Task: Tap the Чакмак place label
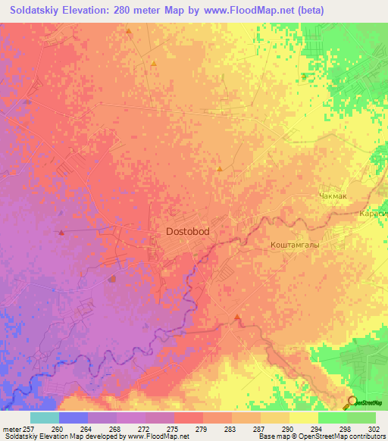click(333, 196)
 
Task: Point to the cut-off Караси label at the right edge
click(373, 214)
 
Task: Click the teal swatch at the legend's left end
click(45, 418)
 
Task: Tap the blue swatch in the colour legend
click(74, 418)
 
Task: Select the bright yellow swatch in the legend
click(304, 418)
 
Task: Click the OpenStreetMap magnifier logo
click(352, 403)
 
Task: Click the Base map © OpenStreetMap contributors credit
click(321, 436)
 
